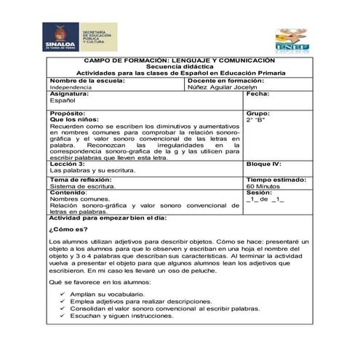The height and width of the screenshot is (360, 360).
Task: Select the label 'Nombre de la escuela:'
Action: tap(87, 80)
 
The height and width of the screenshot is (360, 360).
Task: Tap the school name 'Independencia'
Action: tap(71, 87)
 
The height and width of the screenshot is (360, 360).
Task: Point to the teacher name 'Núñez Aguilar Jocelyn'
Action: tap(223, 87)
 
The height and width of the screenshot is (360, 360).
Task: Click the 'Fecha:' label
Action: tap(257, 94)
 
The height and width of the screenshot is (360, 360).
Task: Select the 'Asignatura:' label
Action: tap(69, 94)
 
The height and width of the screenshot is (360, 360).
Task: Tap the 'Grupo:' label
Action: tap(257, 114)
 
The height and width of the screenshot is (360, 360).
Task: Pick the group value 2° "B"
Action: tap(257, 120)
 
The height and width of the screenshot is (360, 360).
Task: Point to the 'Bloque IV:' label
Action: tap(263, 164)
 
